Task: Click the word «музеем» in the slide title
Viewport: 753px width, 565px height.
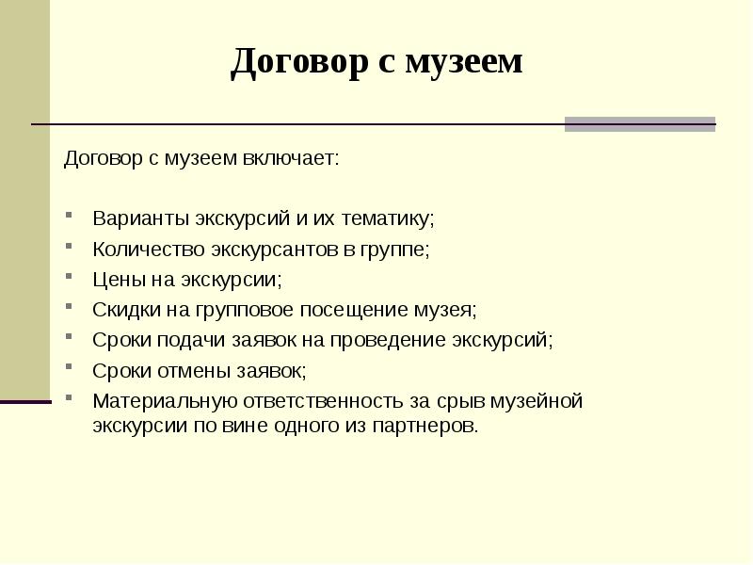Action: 463,62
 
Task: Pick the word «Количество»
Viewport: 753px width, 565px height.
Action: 143,250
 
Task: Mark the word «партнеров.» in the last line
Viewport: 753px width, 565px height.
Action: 434,425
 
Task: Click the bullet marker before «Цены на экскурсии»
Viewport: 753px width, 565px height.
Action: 71,279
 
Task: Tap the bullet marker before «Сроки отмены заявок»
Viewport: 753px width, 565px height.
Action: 71,369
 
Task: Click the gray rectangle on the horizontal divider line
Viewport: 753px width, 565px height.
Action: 639,124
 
